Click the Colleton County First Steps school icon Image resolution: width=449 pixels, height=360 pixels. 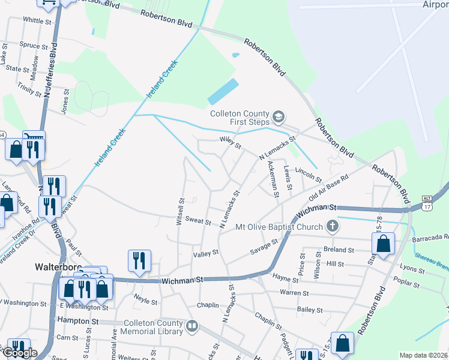point(278,115)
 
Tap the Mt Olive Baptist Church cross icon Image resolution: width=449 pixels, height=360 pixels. point(333,227)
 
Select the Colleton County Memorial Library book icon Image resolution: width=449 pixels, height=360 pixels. point(192,327)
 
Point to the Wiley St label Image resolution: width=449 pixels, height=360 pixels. point(230,144)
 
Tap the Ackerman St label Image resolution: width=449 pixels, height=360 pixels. point(273,178)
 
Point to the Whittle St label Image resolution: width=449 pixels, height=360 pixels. point(37,20)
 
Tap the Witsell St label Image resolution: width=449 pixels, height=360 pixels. point(180,209)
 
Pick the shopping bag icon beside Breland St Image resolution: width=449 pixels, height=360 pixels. point(383,244)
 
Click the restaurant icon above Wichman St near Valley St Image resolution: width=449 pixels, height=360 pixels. point(139,260)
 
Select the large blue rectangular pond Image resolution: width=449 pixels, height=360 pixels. point(223,92)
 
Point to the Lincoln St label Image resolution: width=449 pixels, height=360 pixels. point(309,176)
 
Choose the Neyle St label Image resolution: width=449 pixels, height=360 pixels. point(145,298)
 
